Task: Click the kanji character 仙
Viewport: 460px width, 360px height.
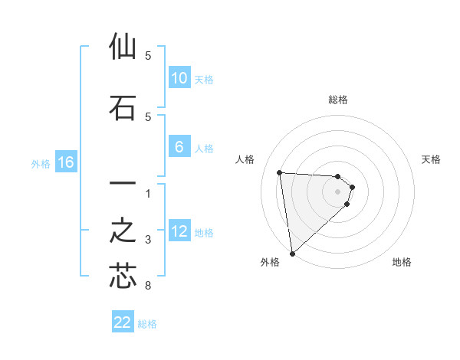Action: click(x=123, y=47)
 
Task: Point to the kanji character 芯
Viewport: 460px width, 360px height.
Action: click(x=123, y=275)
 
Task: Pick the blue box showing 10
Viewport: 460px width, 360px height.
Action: click(x=179, y=78)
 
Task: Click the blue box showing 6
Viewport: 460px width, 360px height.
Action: click(x=179, y=147)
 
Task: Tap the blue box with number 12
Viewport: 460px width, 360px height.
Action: click(x=179, y=231)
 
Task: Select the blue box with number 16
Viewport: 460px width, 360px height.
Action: click(x=65, y=162)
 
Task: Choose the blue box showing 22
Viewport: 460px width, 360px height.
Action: click(x=123, y=322)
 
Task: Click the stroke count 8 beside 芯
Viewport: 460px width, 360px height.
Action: click(x=148, y=286)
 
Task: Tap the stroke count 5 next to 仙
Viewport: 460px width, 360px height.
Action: click(x=148, y=56)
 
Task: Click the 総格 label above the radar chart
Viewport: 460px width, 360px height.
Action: click(x=338, y=100)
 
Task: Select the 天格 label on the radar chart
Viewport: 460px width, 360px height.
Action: click(x=431, y=159)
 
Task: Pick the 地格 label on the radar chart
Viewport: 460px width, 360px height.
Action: click(x=402, y=262)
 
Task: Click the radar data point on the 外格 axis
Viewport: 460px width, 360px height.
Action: click(x=292, y=253)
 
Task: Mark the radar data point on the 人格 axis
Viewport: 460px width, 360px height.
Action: click(x=280, y=172)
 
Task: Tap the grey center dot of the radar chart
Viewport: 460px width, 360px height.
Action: click(x=338, y=191)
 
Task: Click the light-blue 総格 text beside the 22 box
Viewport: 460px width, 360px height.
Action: click(x=147, y=324)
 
